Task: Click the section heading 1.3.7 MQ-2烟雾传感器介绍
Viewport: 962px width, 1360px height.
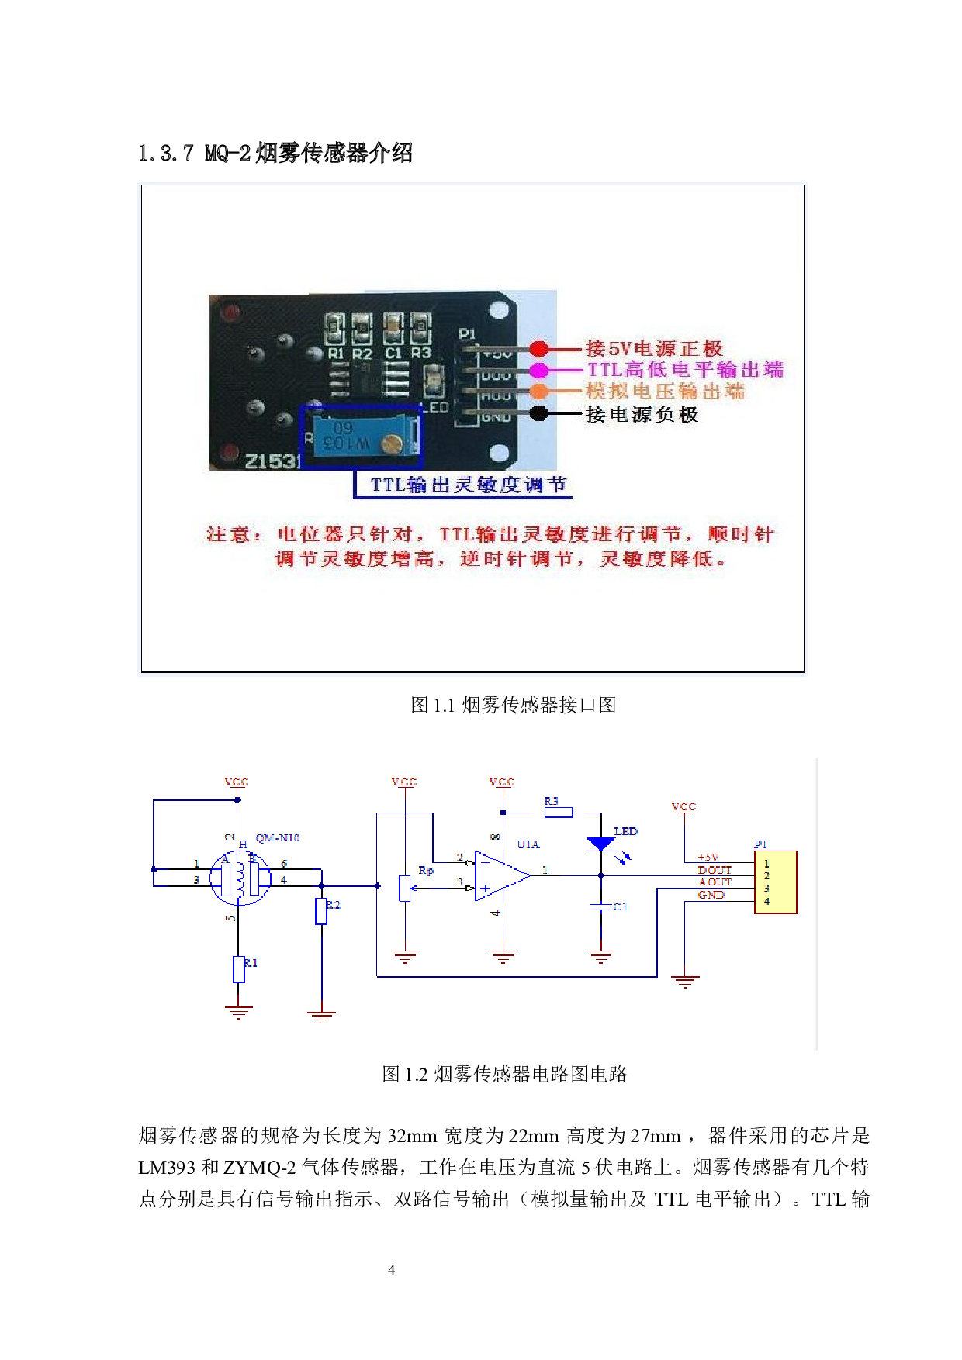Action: click(275, 153)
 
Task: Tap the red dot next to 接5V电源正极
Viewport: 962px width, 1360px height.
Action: click(538, 349)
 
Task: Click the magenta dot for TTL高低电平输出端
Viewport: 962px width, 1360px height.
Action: click(538, 370)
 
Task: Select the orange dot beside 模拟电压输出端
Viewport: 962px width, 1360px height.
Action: click(538, 392)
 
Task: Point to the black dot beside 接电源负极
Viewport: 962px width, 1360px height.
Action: click(538, 414)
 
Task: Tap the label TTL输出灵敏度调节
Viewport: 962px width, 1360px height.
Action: click(468, 485)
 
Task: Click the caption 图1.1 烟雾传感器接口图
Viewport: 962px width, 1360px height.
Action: click(513, 705)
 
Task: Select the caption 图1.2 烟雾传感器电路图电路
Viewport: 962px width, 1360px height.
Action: click(504, 1074)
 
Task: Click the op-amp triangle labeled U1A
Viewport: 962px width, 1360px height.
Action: click(500, 876)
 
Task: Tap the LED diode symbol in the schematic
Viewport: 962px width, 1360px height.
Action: click(601, 844)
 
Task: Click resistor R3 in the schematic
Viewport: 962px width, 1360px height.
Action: click(559, 813)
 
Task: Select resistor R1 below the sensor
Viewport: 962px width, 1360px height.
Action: click(239, 969)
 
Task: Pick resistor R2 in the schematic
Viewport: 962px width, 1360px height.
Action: click(321, 911)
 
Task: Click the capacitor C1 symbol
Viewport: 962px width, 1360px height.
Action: click(601, 906)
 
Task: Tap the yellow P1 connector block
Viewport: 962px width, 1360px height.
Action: click(775, 882)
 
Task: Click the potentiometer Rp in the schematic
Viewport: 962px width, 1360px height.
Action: click(405, 888)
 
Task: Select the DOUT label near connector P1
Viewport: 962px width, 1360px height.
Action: click(715, 870)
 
